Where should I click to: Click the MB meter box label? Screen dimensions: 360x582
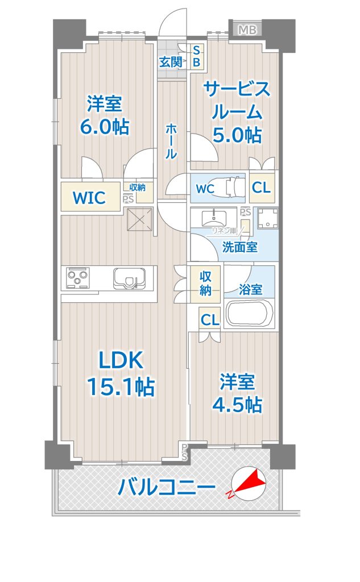click(247, 30)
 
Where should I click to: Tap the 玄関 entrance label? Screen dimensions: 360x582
click(171, 61)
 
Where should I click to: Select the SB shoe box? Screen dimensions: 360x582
click(197, 56)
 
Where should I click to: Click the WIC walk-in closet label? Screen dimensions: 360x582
click(89, 198)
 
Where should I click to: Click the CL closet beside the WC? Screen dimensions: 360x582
click(262, 188)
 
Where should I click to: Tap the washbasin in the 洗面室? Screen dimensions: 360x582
click(214, 218)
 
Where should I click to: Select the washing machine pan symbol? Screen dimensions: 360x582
click(267, 218)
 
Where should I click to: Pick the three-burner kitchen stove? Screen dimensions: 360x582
click(78, 277)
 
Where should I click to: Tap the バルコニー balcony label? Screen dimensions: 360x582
click(167, 487)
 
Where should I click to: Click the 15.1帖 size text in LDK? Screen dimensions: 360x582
click(121, 386)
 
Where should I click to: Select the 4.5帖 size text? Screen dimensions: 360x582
click(237, 405)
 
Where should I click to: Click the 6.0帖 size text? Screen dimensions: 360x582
click(105, 127)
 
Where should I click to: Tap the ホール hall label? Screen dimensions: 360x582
click(171, 142)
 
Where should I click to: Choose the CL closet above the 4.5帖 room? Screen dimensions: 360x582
click(210, 319)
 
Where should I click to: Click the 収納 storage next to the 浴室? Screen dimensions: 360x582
click(205, 283)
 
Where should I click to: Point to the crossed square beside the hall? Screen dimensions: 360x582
click(140, 220)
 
